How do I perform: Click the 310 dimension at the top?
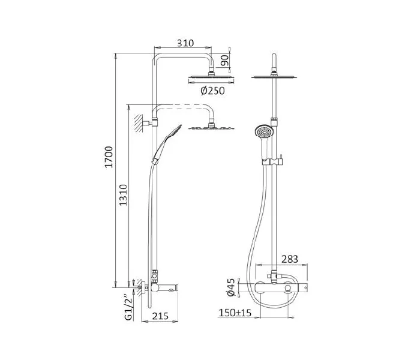click(185, 43)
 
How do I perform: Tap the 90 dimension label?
click(225, 61)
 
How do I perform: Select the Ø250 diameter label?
click(213, 91)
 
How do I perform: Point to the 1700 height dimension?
click(109, 157)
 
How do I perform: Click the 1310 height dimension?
click(123, 195)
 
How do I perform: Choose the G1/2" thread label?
click(128, 307)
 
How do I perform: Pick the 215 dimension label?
click(160, 316)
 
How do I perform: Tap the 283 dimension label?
click(290, 259)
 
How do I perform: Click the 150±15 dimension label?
click(235, 313)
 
